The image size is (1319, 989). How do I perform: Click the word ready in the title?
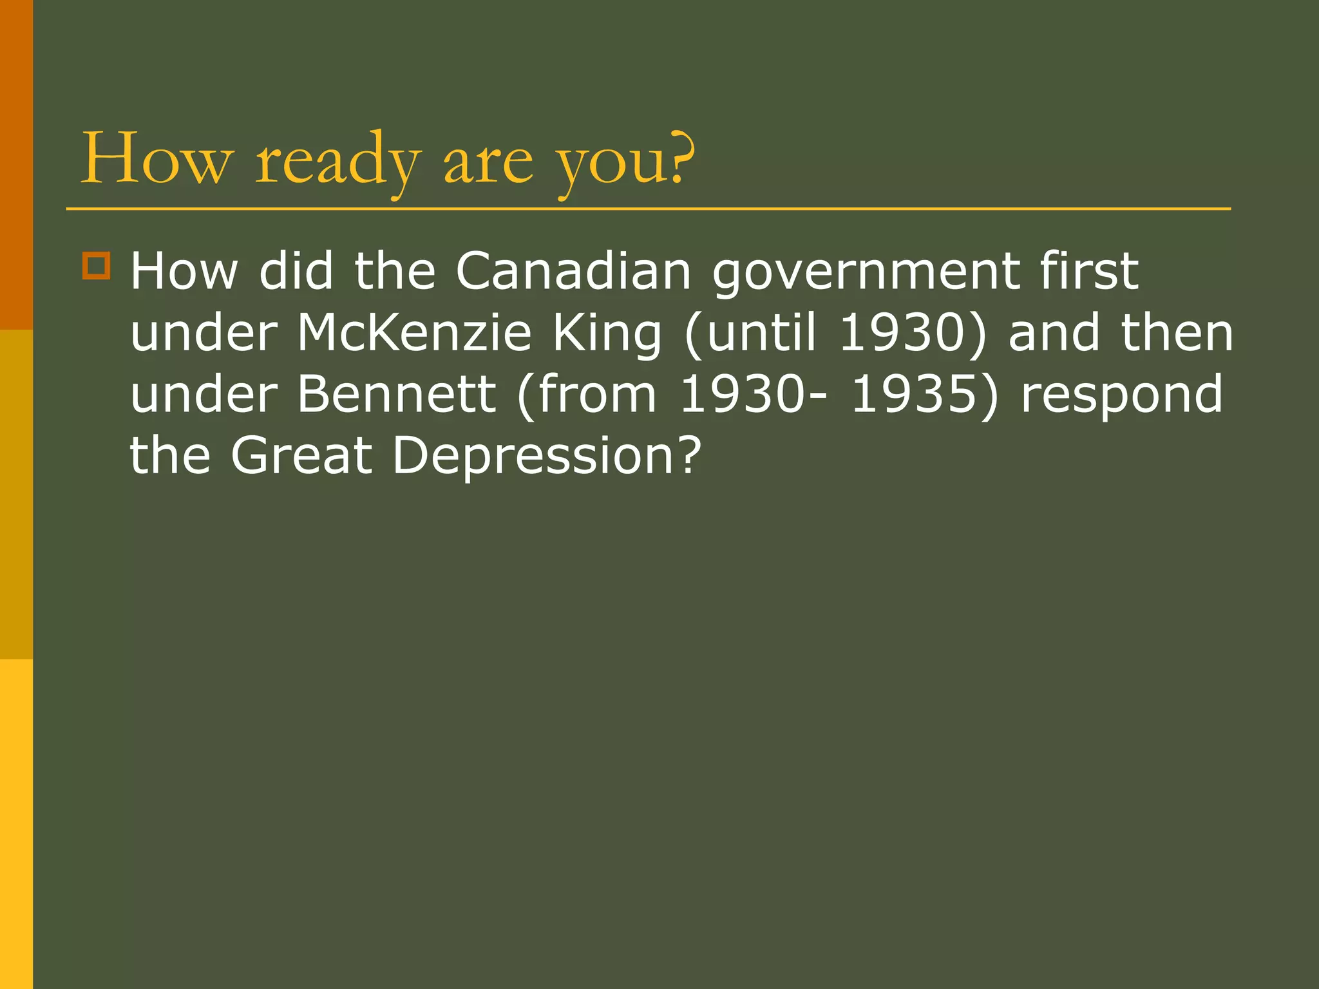pyautogui.click(x=338, y=161)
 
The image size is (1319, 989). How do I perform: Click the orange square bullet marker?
pyautogui.click(x=97, y=265)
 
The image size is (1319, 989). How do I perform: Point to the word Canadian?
pyautogui.click(x=573, y=271)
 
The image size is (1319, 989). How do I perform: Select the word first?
pyautogui.click(x=1089, y=271)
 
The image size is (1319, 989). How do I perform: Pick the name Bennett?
pyautogui.click(x=396, y=394)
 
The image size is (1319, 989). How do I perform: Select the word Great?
pyautogui.click(x=301, y=455)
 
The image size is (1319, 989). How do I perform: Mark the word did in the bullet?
pyautogui.click(x=296, y=271)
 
